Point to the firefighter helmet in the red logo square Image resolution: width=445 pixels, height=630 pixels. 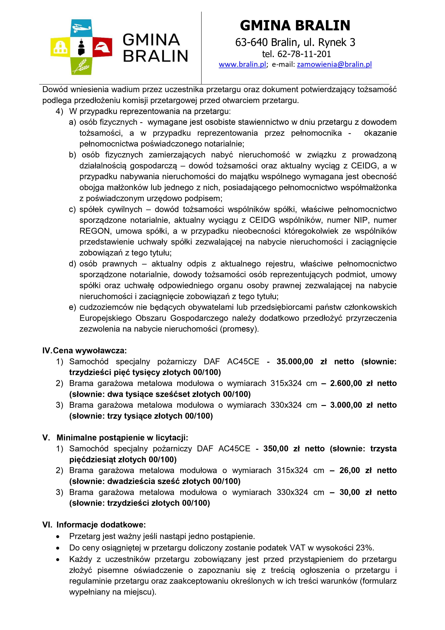102,47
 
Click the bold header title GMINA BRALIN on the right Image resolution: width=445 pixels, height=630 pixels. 295,25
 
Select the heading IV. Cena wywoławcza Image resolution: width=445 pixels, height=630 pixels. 84,350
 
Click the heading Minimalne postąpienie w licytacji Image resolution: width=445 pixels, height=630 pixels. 122,438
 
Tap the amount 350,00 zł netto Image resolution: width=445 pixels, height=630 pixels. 294,449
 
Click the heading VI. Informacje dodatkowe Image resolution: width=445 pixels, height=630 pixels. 94,525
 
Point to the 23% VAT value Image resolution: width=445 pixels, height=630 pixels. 365,548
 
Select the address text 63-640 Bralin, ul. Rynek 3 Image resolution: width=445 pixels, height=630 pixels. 295,42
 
